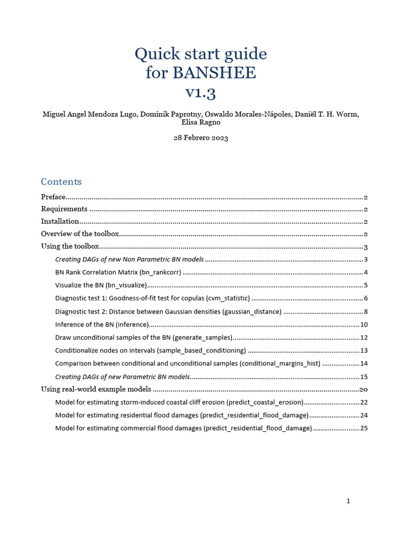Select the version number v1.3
[200, 92]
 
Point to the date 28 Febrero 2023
[200, 138]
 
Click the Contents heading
[61, 182]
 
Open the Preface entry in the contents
[53, 197]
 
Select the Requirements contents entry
[64, 209]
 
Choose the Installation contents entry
[60, 221]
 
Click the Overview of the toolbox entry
[80, 234]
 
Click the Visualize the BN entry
[80, 285]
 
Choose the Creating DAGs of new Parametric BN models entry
[122, 376]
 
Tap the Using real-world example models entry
[96, 389]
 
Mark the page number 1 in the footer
[348, 501]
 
